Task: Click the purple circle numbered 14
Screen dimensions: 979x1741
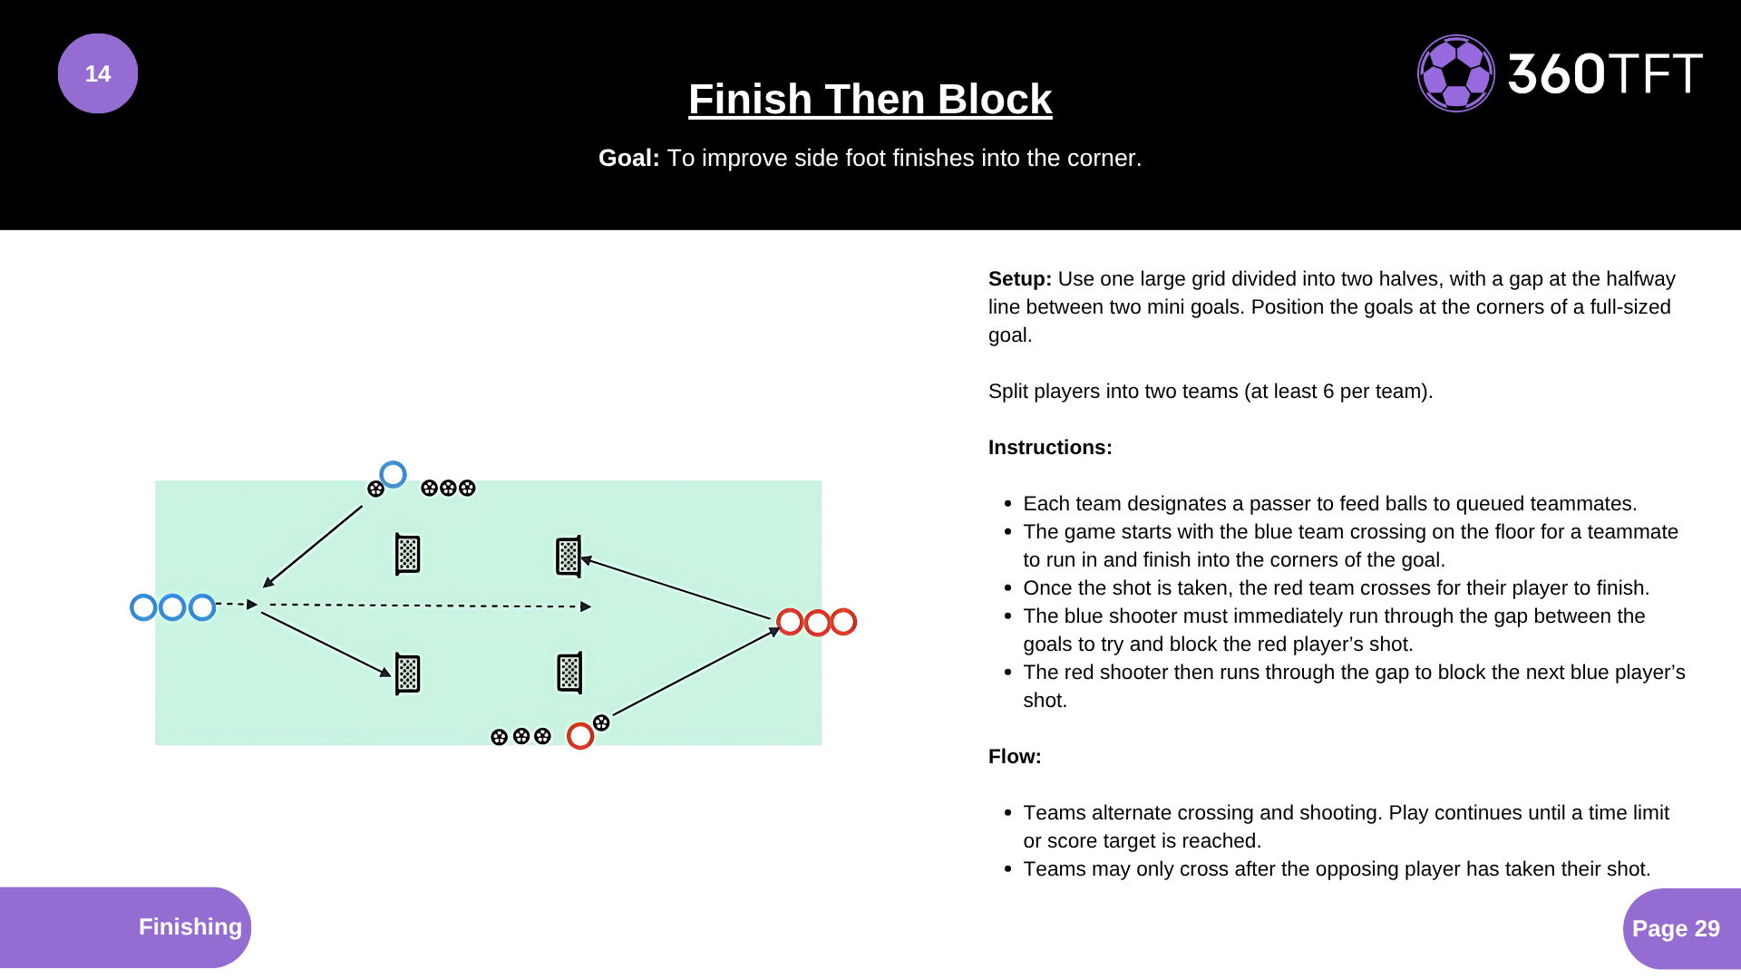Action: tap(98, 73)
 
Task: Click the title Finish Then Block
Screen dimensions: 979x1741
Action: tap(870, 99)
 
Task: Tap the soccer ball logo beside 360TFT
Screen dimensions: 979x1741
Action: tap(1455, 73)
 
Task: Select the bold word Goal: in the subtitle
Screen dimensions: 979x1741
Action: tap(628, 158)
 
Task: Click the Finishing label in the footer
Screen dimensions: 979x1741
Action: tap(190, 926)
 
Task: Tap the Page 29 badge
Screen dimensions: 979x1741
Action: tap(1675, 928)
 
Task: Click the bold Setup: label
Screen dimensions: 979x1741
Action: tap(1019, 278)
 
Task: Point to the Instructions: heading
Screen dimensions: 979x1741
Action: tap(1049, 447)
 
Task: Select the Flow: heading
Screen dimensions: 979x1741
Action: tap(1014, 756)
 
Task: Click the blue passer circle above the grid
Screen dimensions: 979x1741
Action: tap(393, 474)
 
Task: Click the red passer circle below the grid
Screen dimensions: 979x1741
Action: tap(580, 736)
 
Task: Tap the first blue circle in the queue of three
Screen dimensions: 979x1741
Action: tap(143, 607)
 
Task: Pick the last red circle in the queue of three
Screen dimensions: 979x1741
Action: tap(843, 622)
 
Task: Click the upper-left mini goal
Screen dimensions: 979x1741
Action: tap(408, 554)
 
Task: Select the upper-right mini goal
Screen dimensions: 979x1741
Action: tap(569, 556)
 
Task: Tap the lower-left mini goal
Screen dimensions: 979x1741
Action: tap(408, 674)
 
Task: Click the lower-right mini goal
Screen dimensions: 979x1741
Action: tap(569, 673)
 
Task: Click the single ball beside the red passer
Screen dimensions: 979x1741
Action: tap(601, 722)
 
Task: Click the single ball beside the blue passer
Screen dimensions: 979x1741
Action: tap(375, 489)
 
